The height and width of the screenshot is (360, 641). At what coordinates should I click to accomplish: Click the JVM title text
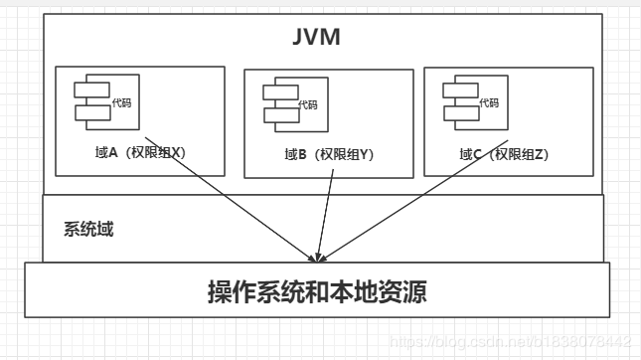coord(317,37)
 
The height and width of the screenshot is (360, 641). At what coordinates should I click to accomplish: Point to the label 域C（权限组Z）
coord(505,154)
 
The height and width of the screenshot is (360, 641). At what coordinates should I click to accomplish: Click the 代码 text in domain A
coord(122,101)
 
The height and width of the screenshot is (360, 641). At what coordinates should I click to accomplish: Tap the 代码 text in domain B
coord(309,104)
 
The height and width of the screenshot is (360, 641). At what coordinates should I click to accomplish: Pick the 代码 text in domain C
coord(489,101)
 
